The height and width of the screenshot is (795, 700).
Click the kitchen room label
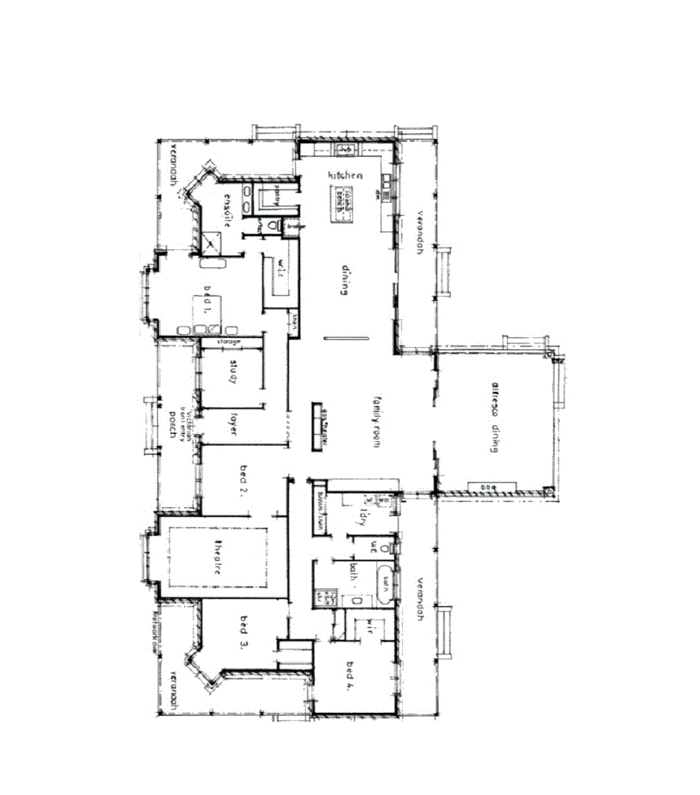[345, 175]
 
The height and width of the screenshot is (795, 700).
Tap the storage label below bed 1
[229, 342]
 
